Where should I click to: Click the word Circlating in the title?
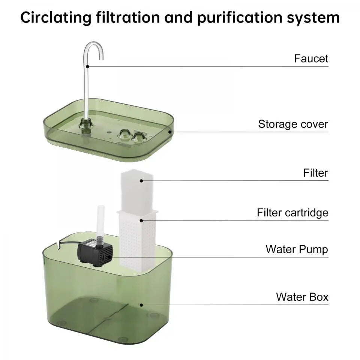tap(56, 18)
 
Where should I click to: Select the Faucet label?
tap(311, 58)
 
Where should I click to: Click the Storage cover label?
tap(293, 124)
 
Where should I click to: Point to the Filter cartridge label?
tap(292, 213)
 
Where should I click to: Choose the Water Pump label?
tap(297, 249)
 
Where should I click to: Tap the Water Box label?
tap(302, 297)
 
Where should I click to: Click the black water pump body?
tap(95, 253)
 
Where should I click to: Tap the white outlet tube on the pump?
tap(101, 222)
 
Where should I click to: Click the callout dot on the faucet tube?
tap(87, 67)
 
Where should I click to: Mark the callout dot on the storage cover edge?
tap(169, 132)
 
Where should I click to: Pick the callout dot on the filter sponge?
tap(141, 181)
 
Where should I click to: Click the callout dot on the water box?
tap(141, 305)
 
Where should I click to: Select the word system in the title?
tap(313, 18)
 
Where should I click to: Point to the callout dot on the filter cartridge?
tap(141, 220)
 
